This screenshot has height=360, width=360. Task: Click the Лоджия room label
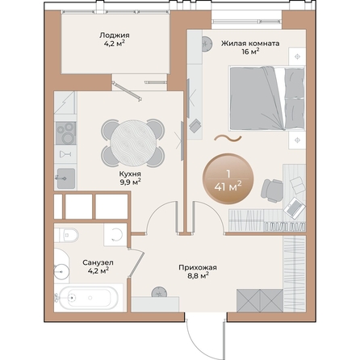(115, 36)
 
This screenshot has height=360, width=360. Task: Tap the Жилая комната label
(250, 44)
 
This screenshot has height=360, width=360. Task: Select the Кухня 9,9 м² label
(131, 178)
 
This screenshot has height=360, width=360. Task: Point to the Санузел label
(98, 262)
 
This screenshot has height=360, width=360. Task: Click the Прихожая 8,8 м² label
(198, 271)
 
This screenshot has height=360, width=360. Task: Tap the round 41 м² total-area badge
(228, 178)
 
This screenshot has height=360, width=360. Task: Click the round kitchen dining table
(134, 143)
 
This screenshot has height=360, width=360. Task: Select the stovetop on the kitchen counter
(65, 133)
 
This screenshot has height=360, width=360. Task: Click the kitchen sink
(66, 178)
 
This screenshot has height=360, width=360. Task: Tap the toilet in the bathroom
(66, 235)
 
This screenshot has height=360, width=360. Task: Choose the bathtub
(89, 298)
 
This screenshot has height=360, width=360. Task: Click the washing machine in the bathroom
(115, 234)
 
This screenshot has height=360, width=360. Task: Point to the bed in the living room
(267, 98)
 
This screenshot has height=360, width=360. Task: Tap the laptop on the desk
(295, 208)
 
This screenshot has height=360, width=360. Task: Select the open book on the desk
(298, 185)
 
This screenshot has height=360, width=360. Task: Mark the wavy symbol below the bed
(228, 139)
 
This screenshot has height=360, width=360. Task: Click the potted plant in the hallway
(159, 292)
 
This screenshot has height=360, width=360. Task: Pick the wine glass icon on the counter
(65, 154)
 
